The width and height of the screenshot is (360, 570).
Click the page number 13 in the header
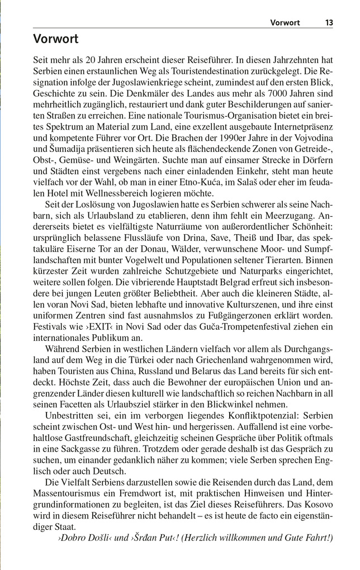click(x=328, y=23)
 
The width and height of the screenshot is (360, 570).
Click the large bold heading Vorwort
click(x=55, y=39)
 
